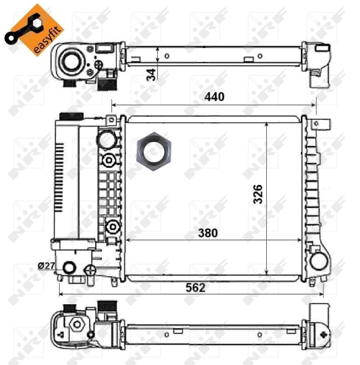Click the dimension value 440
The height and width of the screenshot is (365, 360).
pos(214,97)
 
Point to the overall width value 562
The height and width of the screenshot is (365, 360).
pos(194,288)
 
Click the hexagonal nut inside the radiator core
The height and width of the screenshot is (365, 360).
pos(155,148)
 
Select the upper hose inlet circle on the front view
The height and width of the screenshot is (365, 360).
pos(107,139)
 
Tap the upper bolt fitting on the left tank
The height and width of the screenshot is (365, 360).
pos(109,161)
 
